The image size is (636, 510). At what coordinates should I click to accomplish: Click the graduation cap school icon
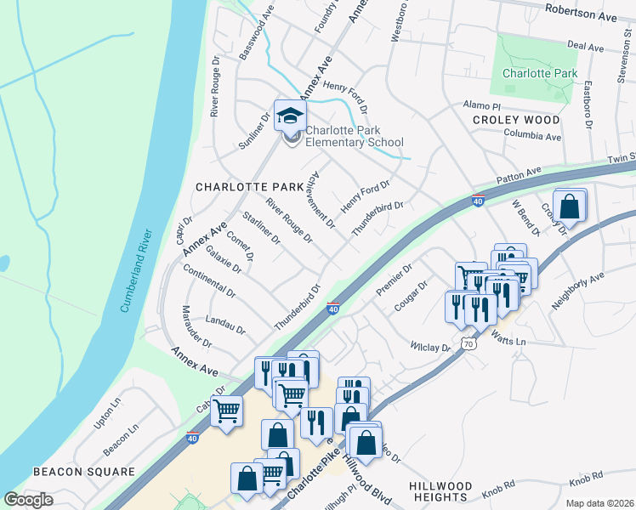[289, 116]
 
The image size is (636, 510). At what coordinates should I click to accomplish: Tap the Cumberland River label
[134, 270]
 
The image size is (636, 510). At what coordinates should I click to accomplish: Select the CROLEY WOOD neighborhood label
[517, 120]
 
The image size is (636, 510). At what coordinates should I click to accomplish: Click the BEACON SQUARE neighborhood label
[84, 471]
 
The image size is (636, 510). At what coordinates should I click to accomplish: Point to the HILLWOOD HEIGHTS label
[450, 490]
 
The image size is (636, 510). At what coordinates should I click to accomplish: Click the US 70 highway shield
[467, 343]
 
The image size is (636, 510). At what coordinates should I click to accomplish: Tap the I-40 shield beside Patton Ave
[478, 201]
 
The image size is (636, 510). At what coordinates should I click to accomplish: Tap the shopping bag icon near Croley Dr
[570, 206]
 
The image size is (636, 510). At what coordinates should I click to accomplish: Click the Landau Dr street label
[224, 326]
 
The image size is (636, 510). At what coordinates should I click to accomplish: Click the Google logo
[28, 500]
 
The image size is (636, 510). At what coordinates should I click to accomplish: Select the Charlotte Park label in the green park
[539, 74]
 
